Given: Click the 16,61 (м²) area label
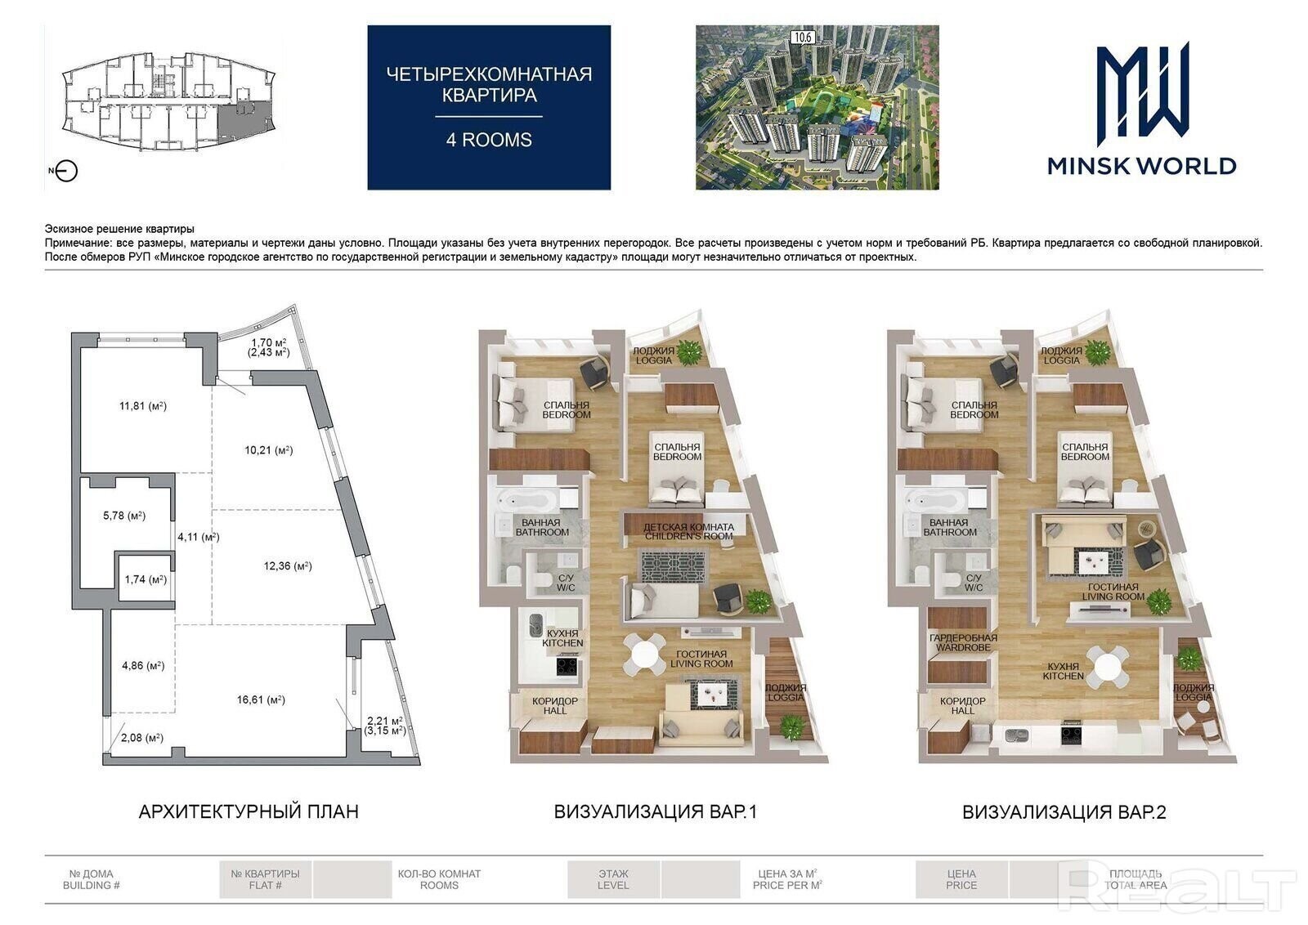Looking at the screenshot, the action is point(261,699).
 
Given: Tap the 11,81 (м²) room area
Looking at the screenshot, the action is point(143,405).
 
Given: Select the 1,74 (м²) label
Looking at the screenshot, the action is point(146,579).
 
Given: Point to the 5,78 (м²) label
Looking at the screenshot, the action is point(124,516).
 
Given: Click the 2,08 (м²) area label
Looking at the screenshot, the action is point(142,738).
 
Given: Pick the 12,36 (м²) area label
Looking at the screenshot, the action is point(288,565).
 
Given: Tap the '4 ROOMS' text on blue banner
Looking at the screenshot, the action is point(490,140).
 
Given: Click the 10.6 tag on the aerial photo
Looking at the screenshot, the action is point(803,38).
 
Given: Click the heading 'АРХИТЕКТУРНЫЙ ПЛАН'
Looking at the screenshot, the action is point(249,811).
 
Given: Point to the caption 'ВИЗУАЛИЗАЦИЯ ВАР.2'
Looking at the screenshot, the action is point(1064,811).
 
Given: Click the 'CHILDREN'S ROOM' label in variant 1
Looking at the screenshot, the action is point(689,536).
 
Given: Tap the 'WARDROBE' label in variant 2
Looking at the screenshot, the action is point(964,647).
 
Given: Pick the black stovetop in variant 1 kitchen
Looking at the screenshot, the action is point(567,666).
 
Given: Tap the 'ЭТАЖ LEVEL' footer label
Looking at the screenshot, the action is point(613,879).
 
